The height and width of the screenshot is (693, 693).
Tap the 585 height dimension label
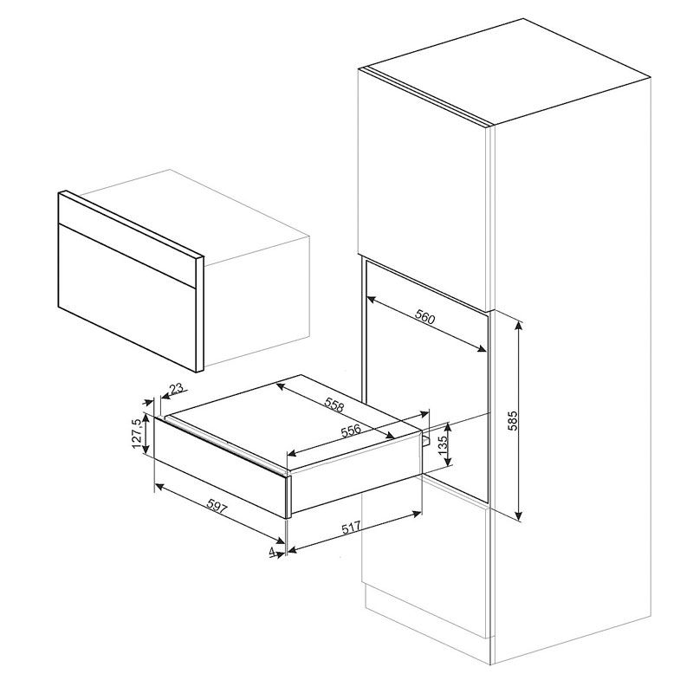pos(512,420)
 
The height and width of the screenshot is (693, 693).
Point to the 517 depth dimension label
pos(352,528)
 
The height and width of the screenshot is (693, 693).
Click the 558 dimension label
pos(334,405)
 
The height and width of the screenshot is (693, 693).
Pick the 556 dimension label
pos(352,431)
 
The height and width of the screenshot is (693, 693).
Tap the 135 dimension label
pos(443,444)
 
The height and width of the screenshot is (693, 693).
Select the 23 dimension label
pos(176,388)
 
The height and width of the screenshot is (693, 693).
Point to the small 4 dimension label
pos(272,551)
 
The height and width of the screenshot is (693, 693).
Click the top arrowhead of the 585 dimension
pos(519,325)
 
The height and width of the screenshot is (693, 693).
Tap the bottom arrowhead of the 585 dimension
pos(519,515)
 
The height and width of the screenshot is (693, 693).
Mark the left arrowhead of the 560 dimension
pos(372,300)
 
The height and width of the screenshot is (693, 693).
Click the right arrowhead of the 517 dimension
pos(417,513)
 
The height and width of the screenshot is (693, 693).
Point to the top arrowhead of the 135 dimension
pos(448,427)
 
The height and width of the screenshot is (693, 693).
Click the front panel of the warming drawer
pos(220,467)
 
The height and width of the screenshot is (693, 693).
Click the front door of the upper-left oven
pos(127,281)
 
